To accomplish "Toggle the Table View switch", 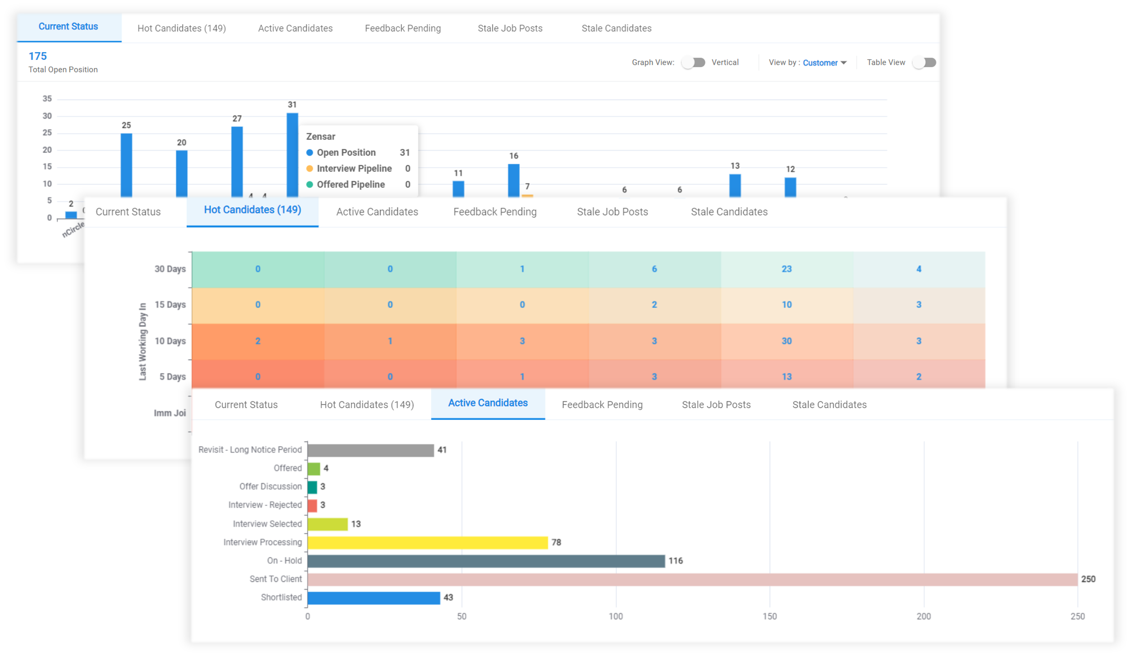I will pos(924,63).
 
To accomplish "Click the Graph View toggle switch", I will pos(694,63).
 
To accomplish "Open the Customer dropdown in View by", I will pos(824,63).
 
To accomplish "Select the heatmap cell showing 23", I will pos(786,269).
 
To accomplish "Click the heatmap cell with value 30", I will pos(786,341).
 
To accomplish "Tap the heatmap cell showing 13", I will pos(786,376).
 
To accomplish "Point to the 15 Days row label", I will pos(170,304).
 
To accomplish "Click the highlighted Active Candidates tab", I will pos(488,403).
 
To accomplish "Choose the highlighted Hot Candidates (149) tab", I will pos(252,210).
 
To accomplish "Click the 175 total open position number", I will pos(38,56).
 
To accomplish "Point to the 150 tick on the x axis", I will pos(769,616).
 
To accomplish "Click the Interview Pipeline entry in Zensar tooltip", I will pos(354,169).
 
